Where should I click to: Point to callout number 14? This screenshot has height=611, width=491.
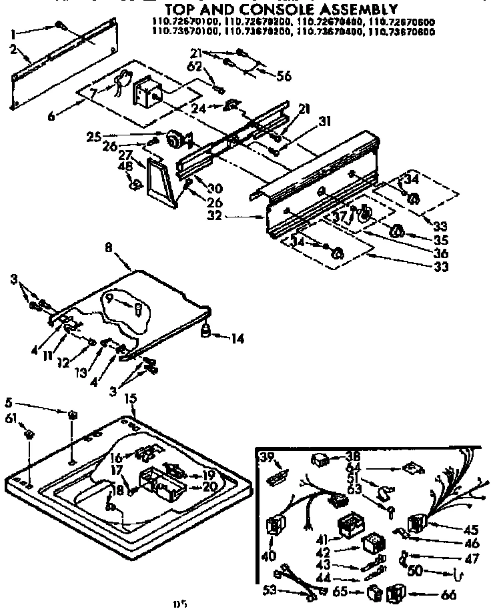pyautogui.click(x=238, y=339)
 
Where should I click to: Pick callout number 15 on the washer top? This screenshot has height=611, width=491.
pyautogui.click(x=131, y=398)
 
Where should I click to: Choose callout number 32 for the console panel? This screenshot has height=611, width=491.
pyautogui.click(x=233, y=217)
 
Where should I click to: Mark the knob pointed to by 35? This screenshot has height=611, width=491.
pyautogui.click(x=398, y=231)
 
